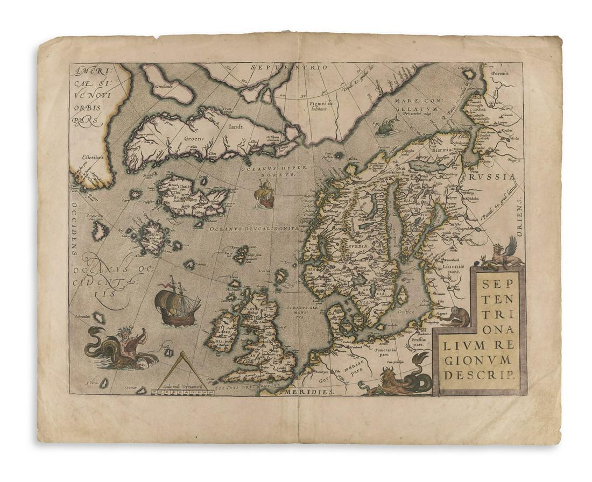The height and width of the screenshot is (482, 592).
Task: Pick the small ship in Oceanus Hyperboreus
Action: click(265, 194)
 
